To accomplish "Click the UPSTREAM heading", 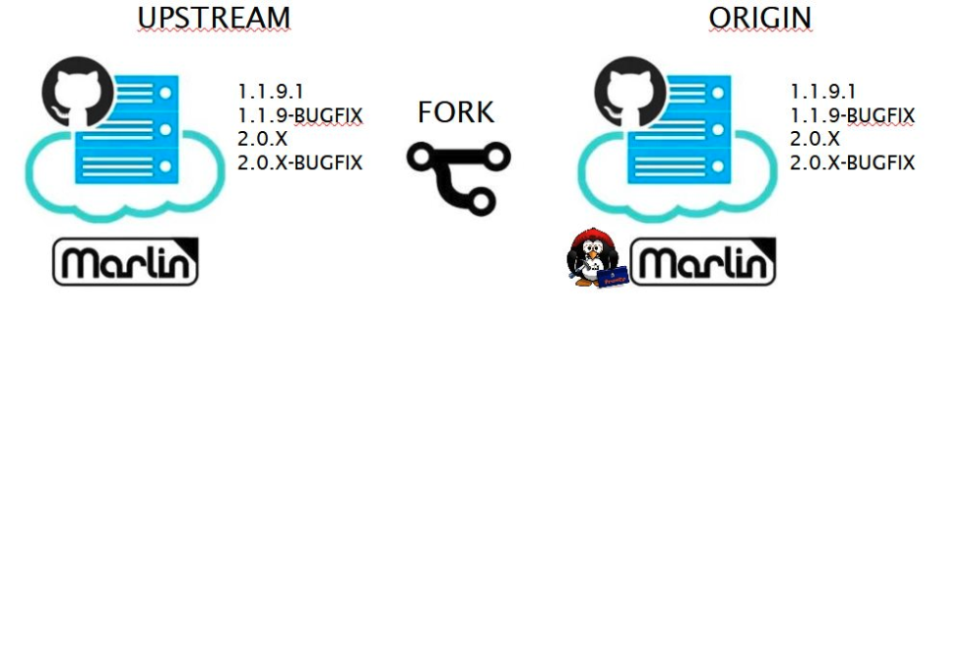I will (214, 18).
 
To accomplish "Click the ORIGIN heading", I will (760, 18).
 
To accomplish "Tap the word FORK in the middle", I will (455, 112).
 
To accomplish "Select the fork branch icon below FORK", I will (458, 176).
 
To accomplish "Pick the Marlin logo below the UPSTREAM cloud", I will (125, 262).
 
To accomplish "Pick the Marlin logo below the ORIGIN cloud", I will (702, 262).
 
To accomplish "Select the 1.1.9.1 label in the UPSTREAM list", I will (271, 91).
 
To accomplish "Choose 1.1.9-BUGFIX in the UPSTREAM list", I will (300, 115).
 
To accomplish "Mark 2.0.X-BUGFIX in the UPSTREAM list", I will (300, 162).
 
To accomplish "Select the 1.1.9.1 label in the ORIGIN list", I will (823, 91).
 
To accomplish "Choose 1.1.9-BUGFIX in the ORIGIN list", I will (852, 115).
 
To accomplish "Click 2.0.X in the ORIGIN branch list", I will (815, 139).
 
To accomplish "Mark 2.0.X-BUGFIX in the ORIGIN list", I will (852, 162).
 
